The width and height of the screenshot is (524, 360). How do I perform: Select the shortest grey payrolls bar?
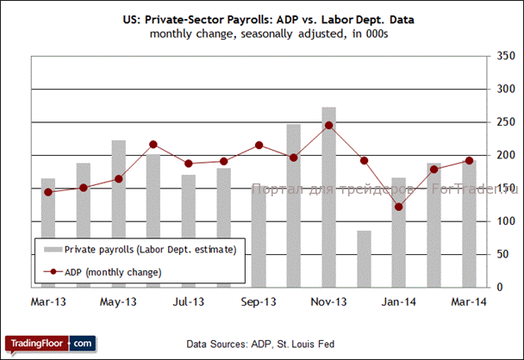coord(364,258)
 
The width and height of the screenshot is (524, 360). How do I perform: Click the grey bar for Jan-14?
coord(398,233)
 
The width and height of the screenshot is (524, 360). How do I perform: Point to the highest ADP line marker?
coord(328,125)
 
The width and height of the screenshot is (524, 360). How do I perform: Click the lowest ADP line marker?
coord(398,207)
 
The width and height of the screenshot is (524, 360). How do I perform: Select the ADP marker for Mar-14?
coord(469,160)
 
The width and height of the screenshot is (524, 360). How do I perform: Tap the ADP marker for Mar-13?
coord(48,192)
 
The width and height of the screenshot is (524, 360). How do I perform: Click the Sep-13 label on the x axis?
coord(259,302)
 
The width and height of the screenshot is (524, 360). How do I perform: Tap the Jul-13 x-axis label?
coord(189,302)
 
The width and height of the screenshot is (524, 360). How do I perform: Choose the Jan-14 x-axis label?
coord(398,302)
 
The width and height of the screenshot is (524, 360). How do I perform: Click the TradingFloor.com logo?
coord(48,343)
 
